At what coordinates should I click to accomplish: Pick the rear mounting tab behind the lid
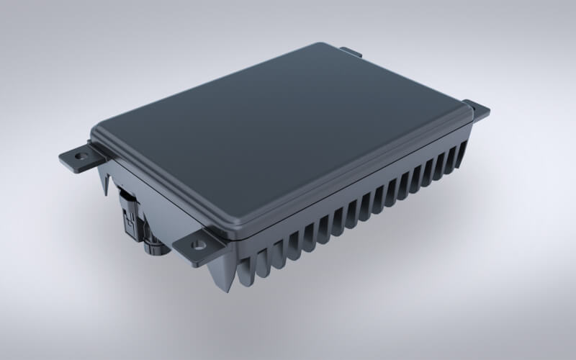(351, 52)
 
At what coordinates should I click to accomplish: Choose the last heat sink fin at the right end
(461, 155)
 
